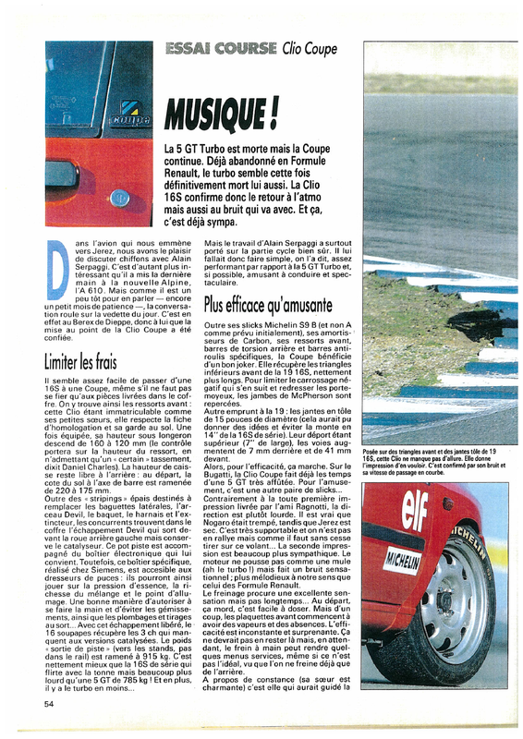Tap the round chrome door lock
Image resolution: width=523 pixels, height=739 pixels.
tap(119, 197)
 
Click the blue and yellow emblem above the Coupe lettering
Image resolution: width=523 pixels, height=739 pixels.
tap(123, 103)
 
